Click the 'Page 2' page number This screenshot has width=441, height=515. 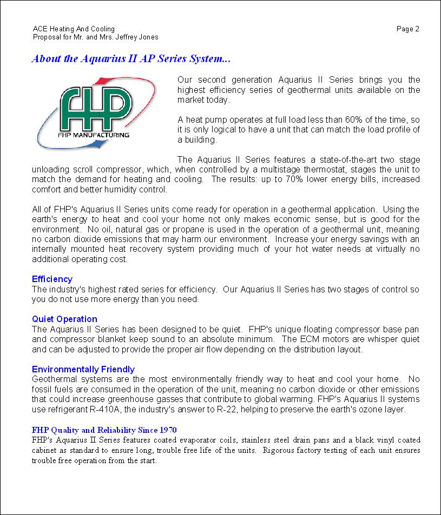pyautogui.click(x=407, y=29)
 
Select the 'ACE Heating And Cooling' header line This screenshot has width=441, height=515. pyautogui.click(x=74, y=29)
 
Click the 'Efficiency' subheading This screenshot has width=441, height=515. pyautogui.click(x=52, y=279)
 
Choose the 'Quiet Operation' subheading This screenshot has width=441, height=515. pyautogui.click(x=64, y=319)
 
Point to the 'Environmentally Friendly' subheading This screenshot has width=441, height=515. pyautogui.click(x=83, y=369)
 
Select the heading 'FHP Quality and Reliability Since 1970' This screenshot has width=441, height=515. pyautogui.click(x=104, y=430)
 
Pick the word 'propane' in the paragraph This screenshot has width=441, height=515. pyautogui.click(x=139, y=229)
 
